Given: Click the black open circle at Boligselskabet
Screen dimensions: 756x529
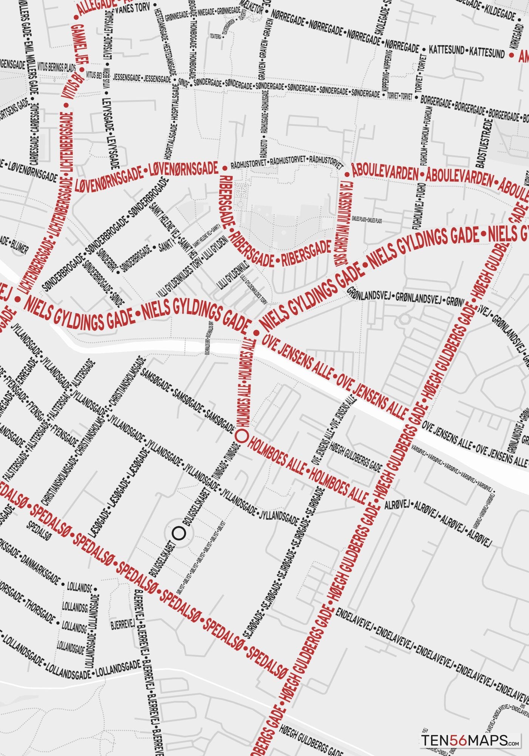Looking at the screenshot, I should point(178,533).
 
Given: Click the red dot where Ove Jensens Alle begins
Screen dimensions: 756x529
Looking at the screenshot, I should point(256,333).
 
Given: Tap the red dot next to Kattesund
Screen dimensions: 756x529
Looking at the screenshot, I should point(511,55).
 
